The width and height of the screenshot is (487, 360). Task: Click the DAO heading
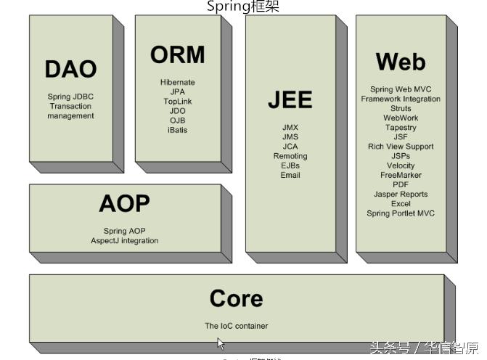pos(70,69)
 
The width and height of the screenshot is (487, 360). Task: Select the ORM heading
pos(177,55)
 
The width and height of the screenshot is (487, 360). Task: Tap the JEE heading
pos(290,100)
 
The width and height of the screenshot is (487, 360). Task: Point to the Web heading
pos(400,62)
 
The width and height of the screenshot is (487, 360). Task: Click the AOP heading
pos(124,204)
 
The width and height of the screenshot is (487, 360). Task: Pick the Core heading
pos(236,298)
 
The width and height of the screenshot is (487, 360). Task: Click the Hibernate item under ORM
pos(177,83)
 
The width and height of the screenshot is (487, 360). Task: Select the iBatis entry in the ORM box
pos(177,130)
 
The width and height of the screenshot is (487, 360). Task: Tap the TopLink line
pos(177,102)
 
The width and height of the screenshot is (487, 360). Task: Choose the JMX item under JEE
pos(290,128)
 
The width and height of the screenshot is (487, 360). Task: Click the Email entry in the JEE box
pos(290,175)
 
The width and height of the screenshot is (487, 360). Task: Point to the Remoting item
pos(290,156)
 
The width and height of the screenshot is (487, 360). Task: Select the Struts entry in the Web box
pos(400,108)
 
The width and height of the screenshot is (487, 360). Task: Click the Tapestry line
pos(400,127)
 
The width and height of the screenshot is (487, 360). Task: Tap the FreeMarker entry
pos(400,175)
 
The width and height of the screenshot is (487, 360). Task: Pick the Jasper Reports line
pos(400,194)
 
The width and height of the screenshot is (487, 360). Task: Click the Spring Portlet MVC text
pos(400,213)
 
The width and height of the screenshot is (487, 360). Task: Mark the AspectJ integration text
pos(124,240)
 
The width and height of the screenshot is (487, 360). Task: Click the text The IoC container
pos(236,326)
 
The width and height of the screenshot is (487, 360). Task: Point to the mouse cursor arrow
pos(221,344)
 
